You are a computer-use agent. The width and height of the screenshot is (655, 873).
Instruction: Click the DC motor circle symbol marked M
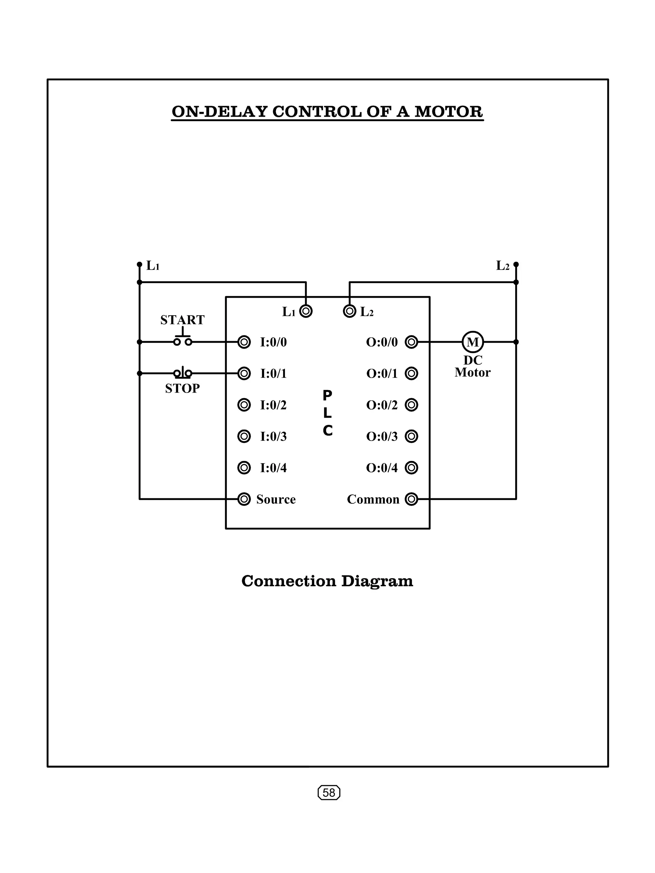[472, 342]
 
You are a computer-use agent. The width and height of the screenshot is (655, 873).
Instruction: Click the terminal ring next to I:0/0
[244, 342]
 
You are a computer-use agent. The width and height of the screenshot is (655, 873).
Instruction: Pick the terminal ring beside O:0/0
[411, 342]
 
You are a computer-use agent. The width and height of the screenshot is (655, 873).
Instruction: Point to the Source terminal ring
[244, 499]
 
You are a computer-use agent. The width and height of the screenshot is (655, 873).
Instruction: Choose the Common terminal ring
[411, 499]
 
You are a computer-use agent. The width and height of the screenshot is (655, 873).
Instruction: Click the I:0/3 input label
[273, 436]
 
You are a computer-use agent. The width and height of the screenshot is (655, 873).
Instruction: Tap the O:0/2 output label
[382, 405]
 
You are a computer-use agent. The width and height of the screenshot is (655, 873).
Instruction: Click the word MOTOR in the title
[448, 112]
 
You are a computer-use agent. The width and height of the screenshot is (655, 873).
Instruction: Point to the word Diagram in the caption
[377, 581]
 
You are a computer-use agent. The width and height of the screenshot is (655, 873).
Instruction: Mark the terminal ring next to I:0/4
[244, 468]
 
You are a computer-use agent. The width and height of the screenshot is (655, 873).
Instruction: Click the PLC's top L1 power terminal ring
[306, 311]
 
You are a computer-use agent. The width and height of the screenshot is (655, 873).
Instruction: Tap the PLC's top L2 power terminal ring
[350, 311]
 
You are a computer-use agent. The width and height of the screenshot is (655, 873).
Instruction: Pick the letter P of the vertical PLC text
[327, 395]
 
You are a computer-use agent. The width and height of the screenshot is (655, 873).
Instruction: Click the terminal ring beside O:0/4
[411, 468]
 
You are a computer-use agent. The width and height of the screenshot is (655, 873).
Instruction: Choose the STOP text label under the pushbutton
[183, 389]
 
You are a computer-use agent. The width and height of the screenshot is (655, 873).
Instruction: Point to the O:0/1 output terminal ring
[411, 373]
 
